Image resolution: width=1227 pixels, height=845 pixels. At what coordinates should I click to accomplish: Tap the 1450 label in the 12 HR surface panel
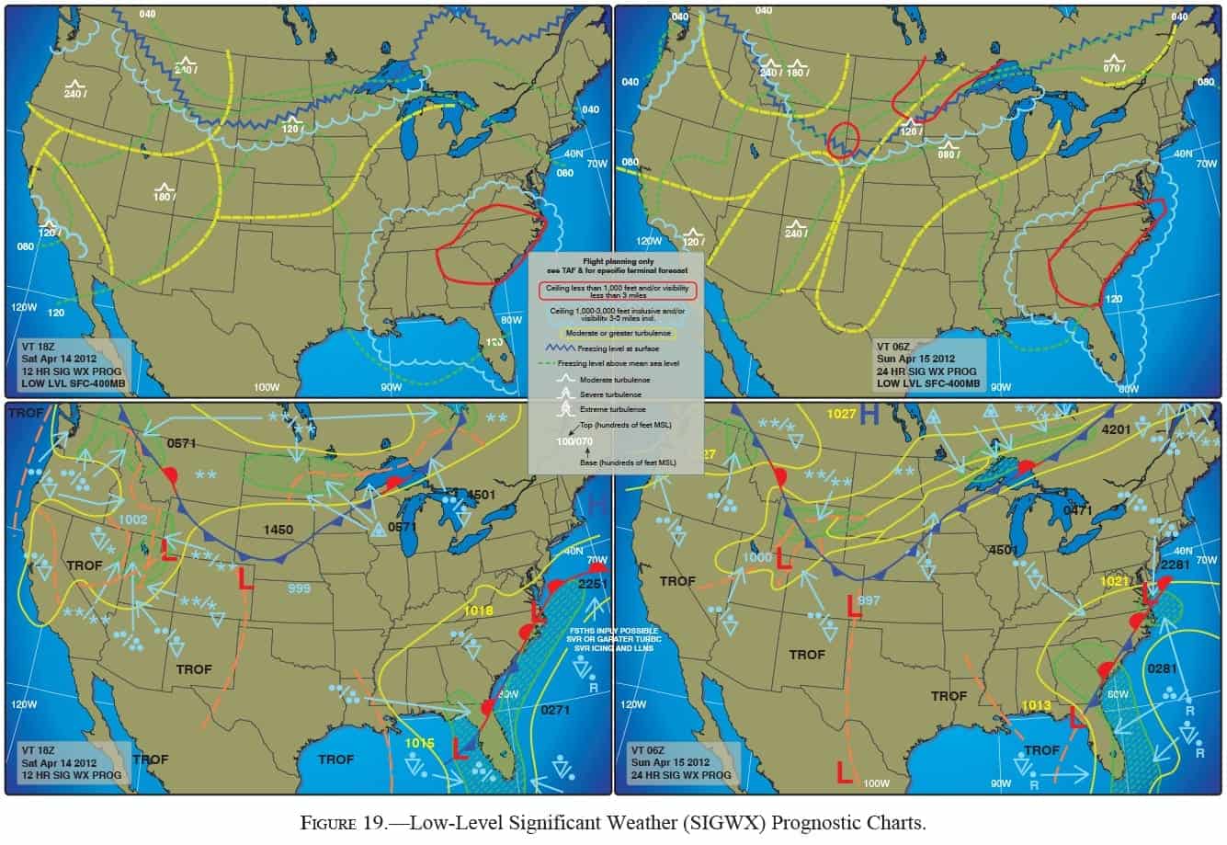pyautogui.click(x=278, y=530)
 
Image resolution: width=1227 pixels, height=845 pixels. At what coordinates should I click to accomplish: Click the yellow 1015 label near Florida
pyautogui.click(x=418, y=742)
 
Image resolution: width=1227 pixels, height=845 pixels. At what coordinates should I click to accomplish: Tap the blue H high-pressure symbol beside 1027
pyautogui.click(x=869, y=416)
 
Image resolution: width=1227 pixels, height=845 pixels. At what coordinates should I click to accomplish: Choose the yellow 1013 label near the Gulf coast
pyautogui.click(x=1036, y=705)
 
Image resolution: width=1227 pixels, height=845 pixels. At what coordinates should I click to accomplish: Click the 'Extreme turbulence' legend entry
pyautogui.click(x=619, y=408)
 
